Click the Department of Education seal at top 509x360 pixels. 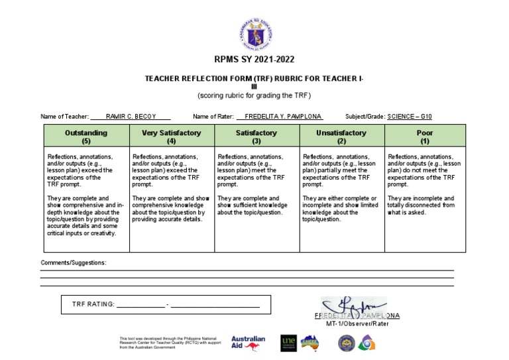coord(254,34)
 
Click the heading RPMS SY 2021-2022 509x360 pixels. coord(254,59)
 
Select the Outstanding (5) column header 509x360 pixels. coord(86,137)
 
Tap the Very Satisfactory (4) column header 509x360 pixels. coord(171,137)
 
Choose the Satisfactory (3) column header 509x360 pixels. coord(256,137)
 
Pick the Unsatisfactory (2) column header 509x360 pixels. coord(341,137)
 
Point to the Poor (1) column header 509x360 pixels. coord(424,137)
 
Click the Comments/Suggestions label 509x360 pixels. coord(74,263)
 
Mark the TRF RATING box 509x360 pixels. coord(165,304)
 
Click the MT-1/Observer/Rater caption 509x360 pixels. coord(357,324)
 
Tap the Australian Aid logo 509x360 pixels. coord(248,342)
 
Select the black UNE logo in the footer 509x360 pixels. coord(288,342)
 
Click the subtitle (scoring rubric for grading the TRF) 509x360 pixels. coord(254,95)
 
